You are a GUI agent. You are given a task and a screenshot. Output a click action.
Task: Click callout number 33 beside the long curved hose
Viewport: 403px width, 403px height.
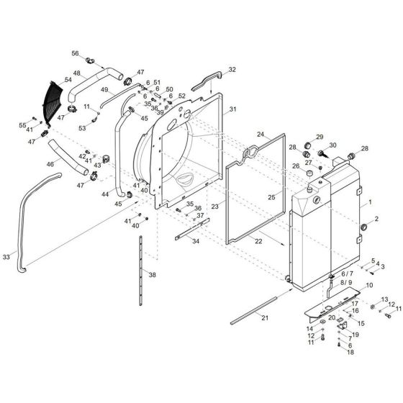pos(6,257)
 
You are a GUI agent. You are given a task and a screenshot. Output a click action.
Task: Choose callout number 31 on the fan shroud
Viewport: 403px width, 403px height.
pos(232,110)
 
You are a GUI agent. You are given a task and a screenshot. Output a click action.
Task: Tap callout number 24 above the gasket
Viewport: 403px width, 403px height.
pos(261,134)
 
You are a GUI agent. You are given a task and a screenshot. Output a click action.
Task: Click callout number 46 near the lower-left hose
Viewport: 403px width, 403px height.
pos(50,164)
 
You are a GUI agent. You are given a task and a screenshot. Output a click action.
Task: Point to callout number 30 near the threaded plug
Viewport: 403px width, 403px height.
pos(332,146)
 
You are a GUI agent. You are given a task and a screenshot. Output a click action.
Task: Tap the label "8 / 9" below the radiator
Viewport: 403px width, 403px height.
pos(347,283)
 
